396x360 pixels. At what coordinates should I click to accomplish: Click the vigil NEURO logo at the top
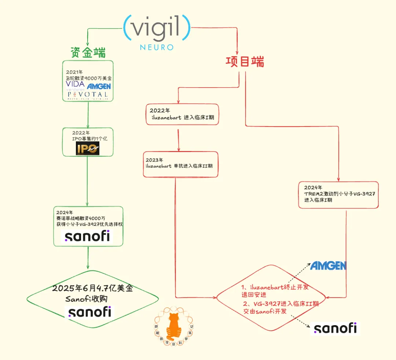click(x=157, y=31)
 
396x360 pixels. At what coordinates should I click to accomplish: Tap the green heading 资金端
click(x=88, y=53)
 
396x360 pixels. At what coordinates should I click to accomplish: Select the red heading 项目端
click(x=245, y=62)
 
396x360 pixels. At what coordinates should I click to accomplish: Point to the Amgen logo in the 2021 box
click(x=99, y=87)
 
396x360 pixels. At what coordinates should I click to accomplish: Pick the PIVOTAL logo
click(x=88, y=95)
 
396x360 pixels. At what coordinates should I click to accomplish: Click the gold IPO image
click(x=87, y=148)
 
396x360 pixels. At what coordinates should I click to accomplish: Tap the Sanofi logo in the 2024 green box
click(x=88, y=236)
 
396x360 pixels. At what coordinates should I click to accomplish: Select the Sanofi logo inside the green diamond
click(x=89, y=312)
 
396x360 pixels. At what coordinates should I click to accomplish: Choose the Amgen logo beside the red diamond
click(x=328, y=266)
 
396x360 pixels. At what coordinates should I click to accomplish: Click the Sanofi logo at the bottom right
click(x=335, y=328)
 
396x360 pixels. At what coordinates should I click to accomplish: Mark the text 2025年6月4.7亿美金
click(x=92, y=288)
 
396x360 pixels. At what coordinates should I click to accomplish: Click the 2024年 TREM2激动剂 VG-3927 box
click(x=338, y=195)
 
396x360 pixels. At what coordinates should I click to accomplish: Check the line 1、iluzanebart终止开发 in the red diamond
click(x=277, y=287)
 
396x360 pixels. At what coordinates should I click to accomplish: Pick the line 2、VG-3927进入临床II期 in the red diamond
click(x=281, y=304)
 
